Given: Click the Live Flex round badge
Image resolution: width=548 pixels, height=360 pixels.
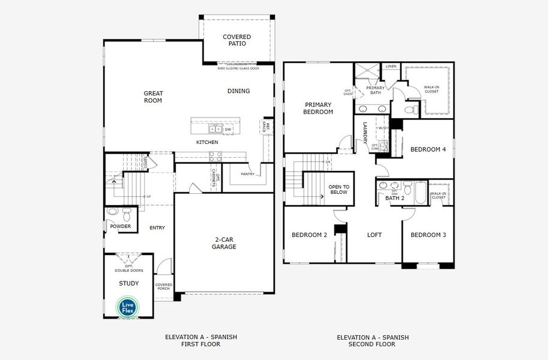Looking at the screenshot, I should (128, 307).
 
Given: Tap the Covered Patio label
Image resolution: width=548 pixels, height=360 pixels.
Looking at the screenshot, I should (236, 40).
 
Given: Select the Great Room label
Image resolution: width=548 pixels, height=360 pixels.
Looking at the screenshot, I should (153, 97).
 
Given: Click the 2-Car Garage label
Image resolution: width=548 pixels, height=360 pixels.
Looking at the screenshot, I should (225, 243).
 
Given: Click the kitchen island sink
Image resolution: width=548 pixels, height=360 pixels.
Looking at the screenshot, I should (215, 129).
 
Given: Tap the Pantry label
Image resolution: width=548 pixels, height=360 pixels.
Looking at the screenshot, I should (248, 175).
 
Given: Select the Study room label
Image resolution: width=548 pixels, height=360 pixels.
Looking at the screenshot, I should (128, 283).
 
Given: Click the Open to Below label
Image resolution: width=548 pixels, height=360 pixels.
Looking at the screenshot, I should (339, 190).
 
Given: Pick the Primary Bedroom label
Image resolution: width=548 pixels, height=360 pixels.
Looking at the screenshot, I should (318, 109).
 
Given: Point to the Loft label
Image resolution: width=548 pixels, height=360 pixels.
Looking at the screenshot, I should (374, 235).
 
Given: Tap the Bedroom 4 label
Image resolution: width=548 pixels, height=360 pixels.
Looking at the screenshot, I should (428, 149).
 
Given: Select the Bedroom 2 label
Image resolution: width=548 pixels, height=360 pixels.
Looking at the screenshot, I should (309, 235).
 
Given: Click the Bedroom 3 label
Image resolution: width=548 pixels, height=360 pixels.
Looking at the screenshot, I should (428, 235).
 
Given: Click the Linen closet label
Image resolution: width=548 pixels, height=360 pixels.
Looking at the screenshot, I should (391, 66).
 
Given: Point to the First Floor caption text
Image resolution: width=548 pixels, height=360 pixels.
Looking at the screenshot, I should (201, 341).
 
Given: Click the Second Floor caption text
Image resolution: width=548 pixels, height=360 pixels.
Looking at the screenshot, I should (372, 341).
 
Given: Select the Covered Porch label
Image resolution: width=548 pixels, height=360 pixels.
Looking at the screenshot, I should (163, 287).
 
